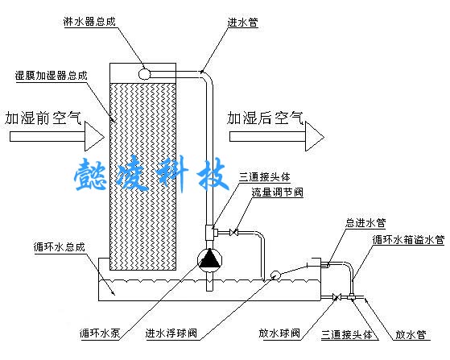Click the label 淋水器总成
(x=89, y=22)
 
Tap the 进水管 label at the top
(x=243, y=23)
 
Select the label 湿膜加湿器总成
(x=51, y=76)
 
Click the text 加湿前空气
(x=43, y=118)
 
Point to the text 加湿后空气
(x=265, y=118)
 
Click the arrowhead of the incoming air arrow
(x=94, y=137)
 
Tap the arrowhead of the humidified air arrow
(x=315, y=137)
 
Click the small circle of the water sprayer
(x=144, y=74)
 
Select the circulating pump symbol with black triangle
(x=210, y=260)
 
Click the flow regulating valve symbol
(x=233, y=232)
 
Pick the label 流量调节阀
(x=277, y=192)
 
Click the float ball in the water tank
(x=275, y=275)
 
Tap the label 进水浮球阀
(x=171, y=333)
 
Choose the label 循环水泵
(x=100, y=333)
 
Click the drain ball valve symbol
(x=336, y=297)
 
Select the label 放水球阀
(x=279, y=333)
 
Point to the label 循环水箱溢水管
(x=408, y=240)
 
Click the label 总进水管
(x=365, y=223)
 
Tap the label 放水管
(x=411, y=335)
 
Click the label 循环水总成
(x=59, y=247)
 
